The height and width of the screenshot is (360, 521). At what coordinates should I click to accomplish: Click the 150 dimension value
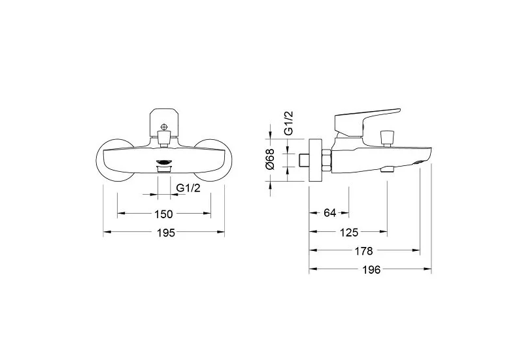164,214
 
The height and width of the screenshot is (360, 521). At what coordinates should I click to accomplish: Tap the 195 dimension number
165,233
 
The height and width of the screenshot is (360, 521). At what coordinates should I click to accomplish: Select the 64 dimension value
329,212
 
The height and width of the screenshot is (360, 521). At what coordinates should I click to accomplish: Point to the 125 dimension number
349,232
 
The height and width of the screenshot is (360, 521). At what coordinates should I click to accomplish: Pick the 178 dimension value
363,251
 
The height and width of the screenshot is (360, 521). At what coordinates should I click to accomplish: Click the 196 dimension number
371,270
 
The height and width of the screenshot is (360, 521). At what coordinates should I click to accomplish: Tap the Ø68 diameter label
271,159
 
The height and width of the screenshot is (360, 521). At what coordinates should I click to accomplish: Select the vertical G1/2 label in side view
289,123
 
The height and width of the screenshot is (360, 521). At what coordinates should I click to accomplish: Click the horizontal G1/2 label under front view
188,188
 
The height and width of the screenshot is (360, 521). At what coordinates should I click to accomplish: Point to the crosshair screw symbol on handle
164,127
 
